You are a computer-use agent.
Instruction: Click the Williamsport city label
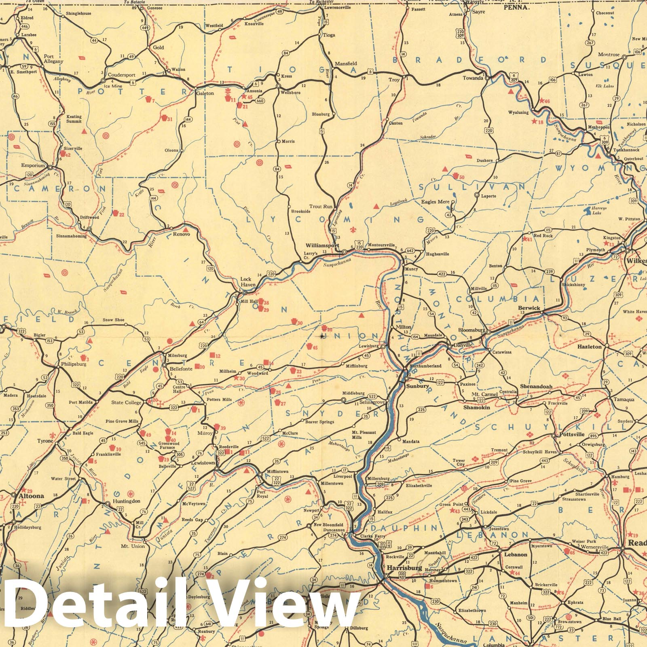(322, 245)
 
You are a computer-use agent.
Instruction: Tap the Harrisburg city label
(404, 568)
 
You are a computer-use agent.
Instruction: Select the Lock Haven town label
(248, 282)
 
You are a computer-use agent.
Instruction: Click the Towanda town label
(473, 78)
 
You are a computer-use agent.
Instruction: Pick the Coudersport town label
(121, 75)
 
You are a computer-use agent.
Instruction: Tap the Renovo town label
(181, 234)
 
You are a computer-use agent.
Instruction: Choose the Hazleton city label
(589, 347)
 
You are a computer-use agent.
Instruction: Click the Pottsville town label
(572, 434)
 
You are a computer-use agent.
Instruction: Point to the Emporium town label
(33, 165)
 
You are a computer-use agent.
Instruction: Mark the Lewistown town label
(203, 463)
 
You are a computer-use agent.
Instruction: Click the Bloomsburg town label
(472, 330)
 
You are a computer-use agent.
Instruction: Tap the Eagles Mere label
(435, 202)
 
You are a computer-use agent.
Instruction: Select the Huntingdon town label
(127, 501)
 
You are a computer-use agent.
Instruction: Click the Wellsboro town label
(290, 93)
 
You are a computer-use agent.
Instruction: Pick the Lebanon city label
(516, 554)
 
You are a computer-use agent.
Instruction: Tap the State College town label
(127, 402)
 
